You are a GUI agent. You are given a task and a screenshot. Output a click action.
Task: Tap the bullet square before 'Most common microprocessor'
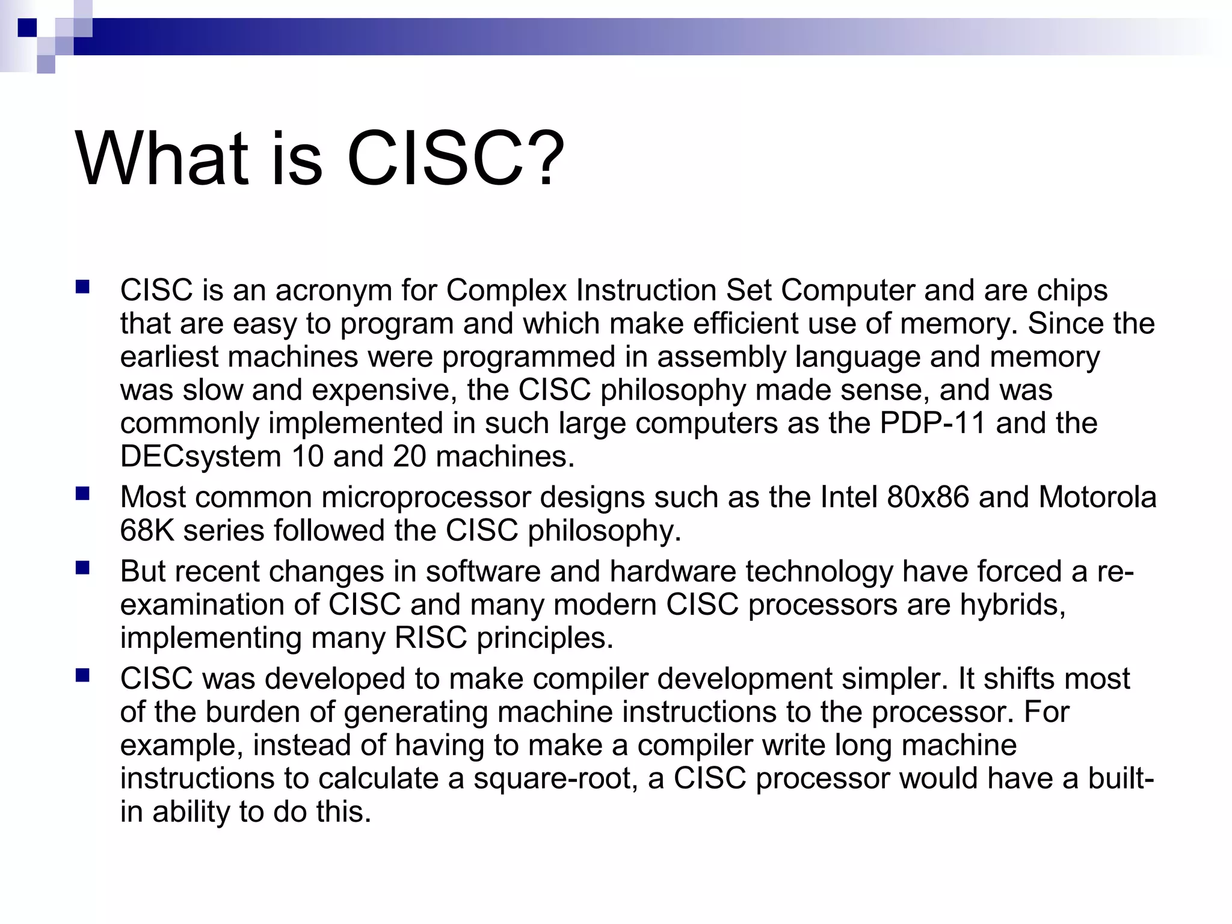click(82, 494)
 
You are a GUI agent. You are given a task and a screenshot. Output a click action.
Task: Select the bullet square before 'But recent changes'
click(82, 568)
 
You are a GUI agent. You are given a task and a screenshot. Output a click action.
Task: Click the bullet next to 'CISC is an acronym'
click(82, 287)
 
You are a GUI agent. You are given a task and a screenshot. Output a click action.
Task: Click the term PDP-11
click(932, 423)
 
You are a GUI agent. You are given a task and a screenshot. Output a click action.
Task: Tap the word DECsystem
click(200, 457)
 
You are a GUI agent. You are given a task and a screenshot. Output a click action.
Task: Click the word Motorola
click(1097, 497)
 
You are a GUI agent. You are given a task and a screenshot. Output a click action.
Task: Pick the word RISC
click(431, 638)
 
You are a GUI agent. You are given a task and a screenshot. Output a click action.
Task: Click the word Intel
click(849, 497)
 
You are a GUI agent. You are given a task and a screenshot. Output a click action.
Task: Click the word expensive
click(380, 390)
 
